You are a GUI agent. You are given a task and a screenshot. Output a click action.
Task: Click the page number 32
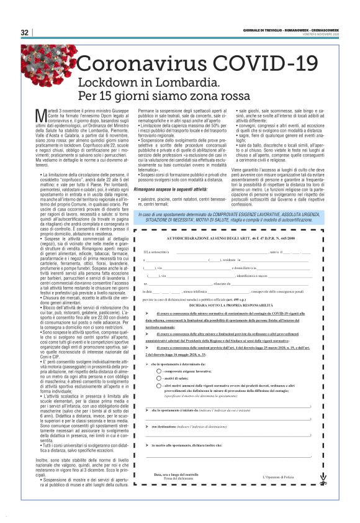pyautogui.click(x=24, y=32)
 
